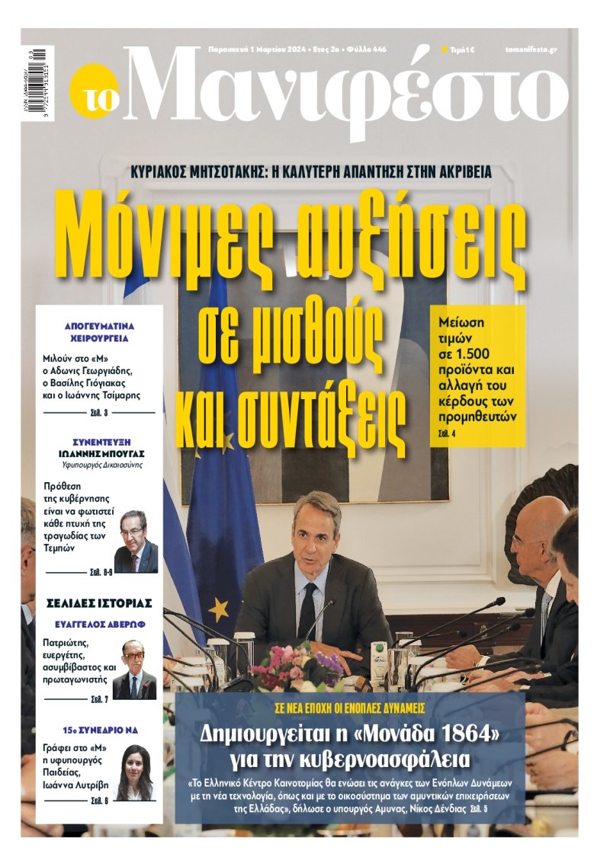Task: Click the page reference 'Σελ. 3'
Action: (99, 413)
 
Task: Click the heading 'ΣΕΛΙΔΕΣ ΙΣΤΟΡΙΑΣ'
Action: (100, 603)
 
